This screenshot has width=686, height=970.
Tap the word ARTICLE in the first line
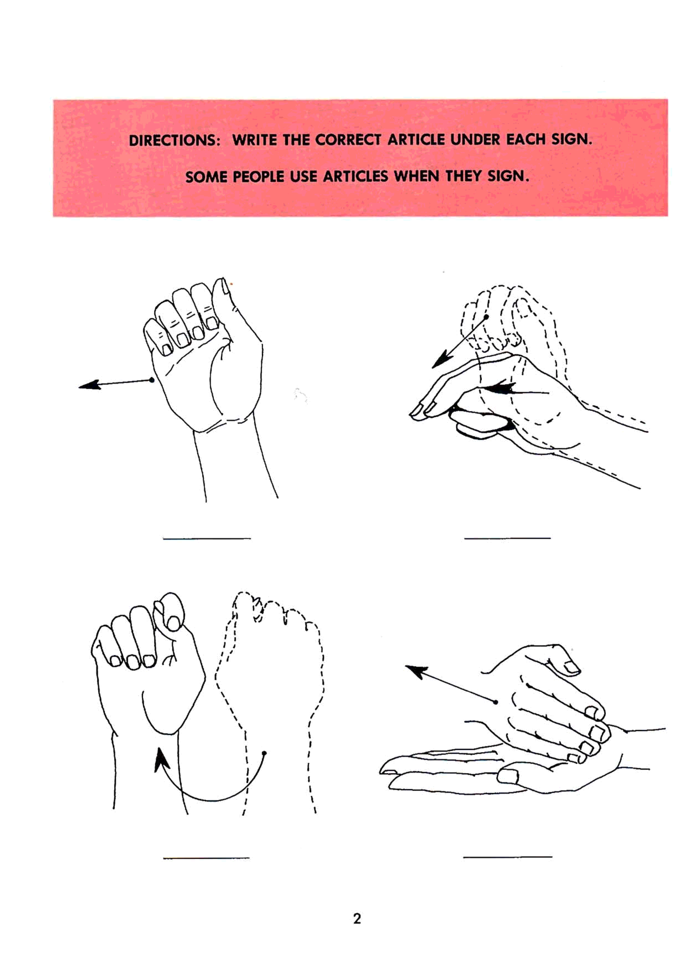(x=416, y=140)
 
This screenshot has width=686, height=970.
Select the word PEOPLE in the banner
(x=258, y=177)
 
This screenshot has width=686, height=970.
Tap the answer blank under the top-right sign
(x=507, y=538)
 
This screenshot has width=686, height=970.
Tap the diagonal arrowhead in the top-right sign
(x=441, y=360)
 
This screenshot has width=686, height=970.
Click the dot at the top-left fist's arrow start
(x=152, y=380)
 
